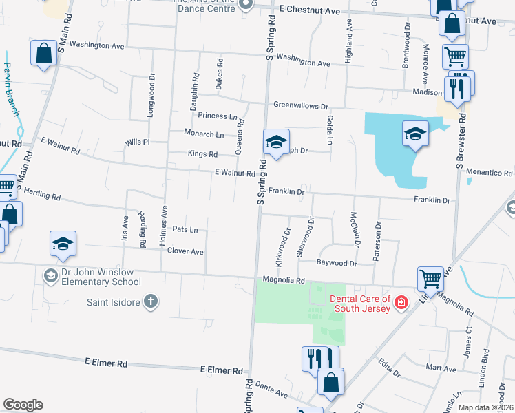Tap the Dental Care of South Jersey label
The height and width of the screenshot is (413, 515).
coord(360,303)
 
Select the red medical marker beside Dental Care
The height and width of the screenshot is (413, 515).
coord(401,302)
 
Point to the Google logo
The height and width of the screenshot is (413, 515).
coord(22,405)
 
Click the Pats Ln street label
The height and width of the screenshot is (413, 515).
coord(185,229)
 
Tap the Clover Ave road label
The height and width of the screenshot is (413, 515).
coord(185,252)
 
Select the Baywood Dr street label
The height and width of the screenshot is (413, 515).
coord(337,263)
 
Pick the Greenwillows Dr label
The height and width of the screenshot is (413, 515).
coord(301,106)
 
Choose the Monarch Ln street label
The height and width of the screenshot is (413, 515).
coord(204,134)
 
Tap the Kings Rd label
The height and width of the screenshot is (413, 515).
coord(202,154)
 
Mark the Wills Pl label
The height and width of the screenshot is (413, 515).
coord(138,142)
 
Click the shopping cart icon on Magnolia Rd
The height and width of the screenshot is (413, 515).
coord(430,279)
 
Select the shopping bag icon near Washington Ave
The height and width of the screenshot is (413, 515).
coord(43,53)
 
